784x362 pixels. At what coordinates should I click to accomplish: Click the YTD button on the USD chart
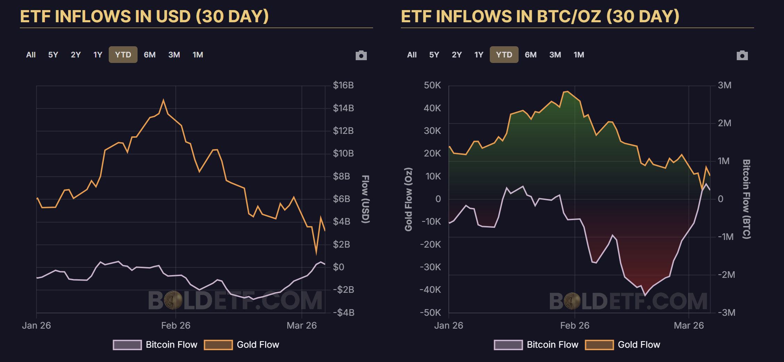coord(123,55)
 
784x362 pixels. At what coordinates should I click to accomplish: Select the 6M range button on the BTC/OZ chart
coord(530,55)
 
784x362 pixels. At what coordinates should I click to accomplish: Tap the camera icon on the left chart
coord(361,55)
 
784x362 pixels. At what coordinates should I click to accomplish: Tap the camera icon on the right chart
coord(742,55)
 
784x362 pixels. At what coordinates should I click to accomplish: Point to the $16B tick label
coord(343,85)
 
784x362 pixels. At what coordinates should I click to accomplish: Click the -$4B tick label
coord(344,313)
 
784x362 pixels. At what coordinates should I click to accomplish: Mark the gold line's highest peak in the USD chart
coord(164,100)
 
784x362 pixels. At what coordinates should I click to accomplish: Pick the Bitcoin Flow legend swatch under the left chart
coord(127,345)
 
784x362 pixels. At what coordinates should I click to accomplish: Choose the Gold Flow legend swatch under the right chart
coord(599,345)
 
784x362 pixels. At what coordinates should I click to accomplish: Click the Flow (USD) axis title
coord(365,199)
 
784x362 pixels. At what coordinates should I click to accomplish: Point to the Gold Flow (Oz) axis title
coord(408,199)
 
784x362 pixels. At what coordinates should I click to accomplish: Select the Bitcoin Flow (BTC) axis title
coord(746,199)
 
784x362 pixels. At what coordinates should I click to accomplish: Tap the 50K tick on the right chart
coord(432,85)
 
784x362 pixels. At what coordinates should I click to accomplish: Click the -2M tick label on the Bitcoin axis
coord(726,275)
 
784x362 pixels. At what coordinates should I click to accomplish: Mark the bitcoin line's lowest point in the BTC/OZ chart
coord(645,295)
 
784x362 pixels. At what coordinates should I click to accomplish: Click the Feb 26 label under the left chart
coord(176,325)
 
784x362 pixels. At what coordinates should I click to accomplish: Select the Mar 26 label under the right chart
coord(688,325)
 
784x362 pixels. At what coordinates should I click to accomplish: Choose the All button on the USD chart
coord(31,55)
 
